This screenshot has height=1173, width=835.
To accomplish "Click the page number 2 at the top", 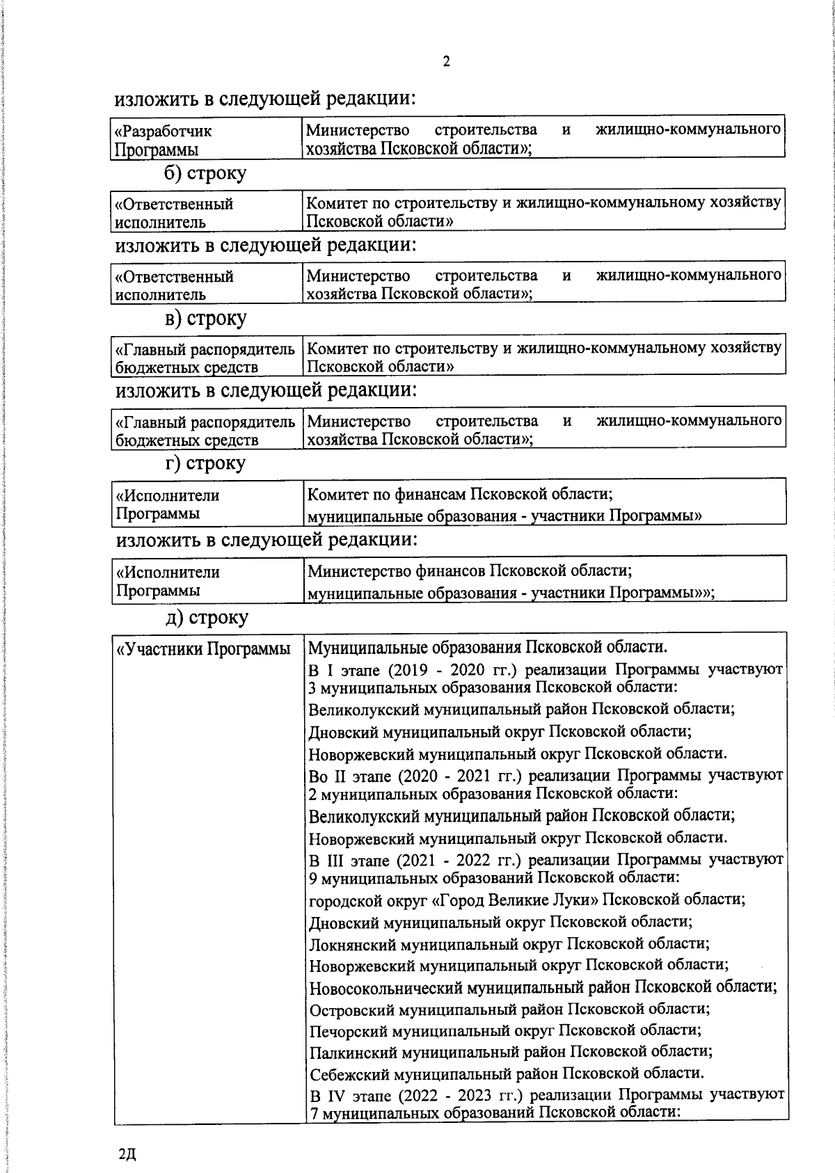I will pos(446,62).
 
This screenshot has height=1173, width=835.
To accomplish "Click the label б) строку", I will pos(205,173).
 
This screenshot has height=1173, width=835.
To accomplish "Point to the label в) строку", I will pos(205,319).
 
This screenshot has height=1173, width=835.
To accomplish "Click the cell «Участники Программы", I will pos(203,649).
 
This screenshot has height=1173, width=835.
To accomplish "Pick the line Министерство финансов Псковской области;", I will pos(470,571).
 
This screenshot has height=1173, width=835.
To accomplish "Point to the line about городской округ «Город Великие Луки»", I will pos(527,899).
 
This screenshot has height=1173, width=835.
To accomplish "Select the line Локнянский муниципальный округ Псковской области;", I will pos(509,943).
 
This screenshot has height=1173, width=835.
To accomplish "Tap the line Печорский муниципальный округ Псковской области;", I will pos(504,1030).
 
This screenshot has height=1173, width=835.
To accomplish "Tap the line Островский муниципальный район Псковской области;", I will pos(509,1008).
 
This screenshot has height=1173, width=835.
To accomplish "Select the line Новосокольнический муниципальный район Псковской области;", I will pos(543,987).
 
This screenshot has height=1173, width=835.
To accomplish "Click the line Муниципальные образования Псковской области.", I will pos(488,648).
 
